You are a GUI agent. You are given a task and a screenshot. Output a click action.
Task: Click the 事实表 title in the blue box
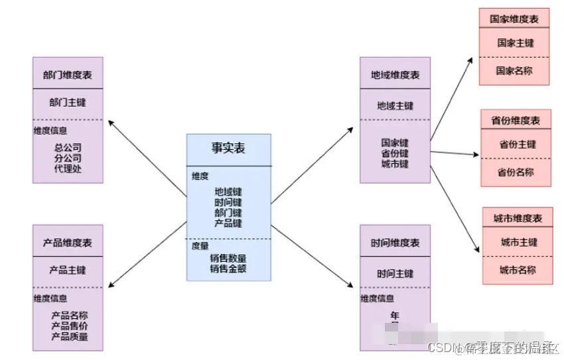tap(228, 149)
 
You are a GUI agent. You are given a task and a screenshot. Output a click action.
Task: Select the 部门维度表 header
tap(68, 75)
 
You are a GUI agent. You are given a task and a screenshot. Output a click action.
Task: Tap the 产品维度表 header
tap(68, 243)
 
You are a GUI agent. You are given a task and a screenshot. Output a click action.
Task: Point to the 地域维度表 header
tap(395, 75)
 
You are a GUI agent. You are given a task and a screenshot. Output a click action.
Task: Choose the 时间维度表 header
tap(395, 243)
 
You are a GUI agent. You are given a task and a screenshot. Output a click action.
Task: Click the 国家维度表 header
tap(514, 19)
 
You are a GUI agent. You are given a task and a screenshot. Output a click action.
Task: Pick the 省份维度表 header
tap(516, 120)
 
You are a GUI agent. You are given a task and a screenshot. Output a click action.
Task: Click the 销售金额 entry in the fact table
tap(228, 269)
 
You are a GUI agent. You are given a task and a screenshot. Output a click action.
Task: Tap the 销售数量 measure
tap(228, 258)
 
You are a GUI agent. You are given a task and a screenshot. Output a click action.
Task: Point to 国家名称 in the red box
tap(514, 70)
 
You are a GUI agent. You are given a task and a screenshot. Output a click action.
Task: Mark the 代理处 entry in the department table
tap(68, 168)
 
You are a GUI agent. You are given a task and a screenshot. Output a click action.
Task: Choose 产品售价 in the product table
tap(70, 326)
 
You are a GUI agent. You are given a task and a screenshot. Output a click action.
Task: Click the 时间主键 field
tap(395, 273)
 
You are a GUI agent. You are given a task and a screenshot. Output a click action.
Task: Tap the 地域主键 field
tap(395, 105)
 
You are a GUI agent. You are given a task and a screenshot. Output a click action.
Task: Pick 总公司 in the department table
tap(68, 147)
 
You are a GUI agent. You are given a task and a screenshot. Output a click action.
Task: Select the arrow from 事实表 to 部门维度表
tap(147, 158)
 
